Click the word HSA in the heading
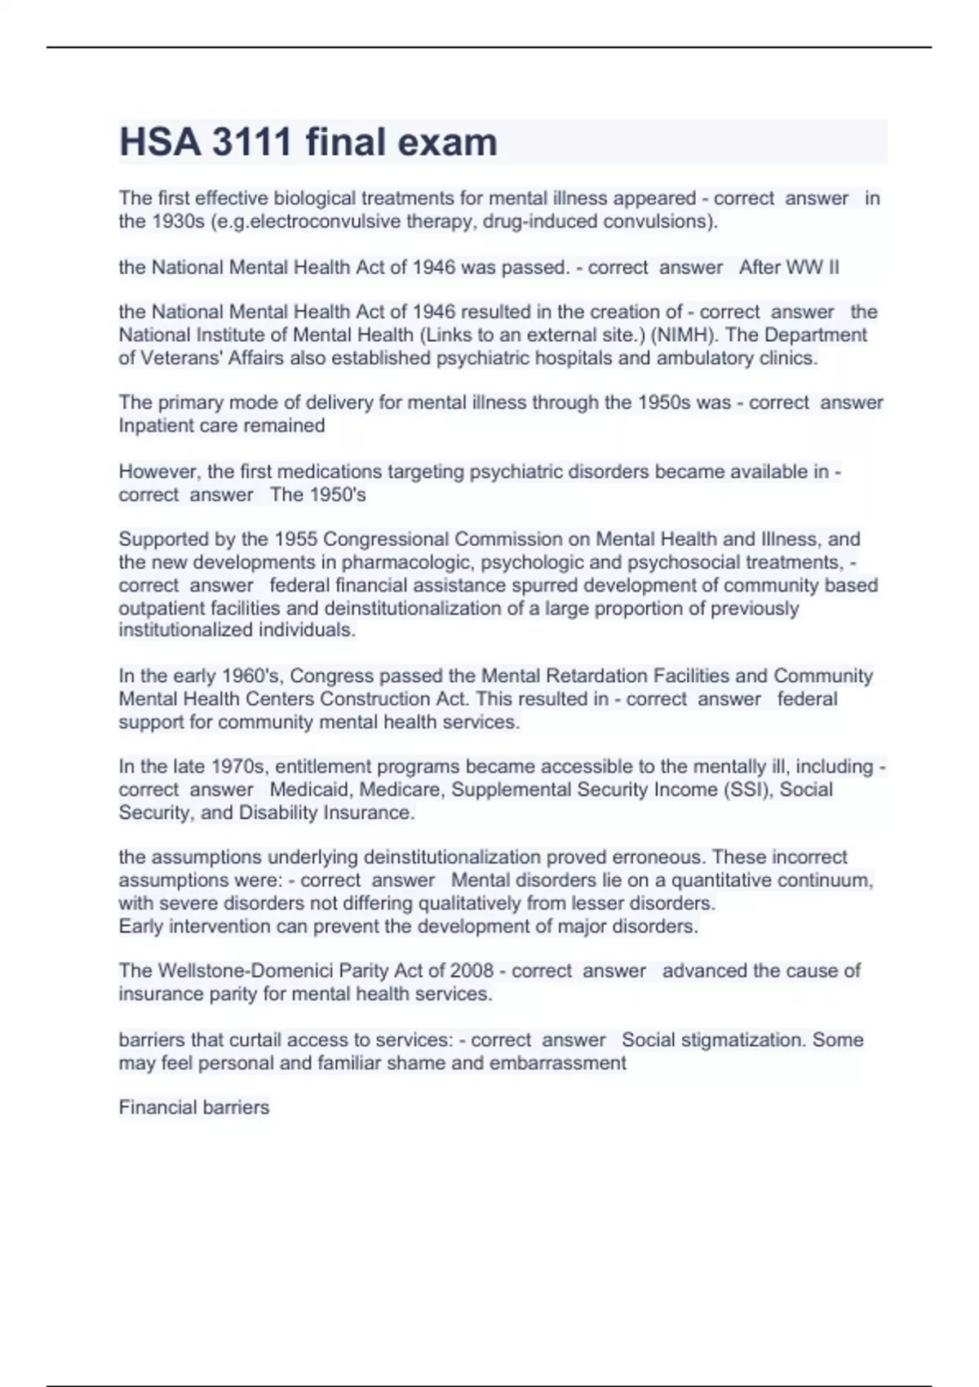coord(160,142)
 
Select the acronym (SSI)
coord(748,789)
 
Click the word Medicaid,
coord(312,789)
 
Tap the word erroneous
coord(659,857)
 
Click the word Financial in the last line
coord(156,1107)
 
